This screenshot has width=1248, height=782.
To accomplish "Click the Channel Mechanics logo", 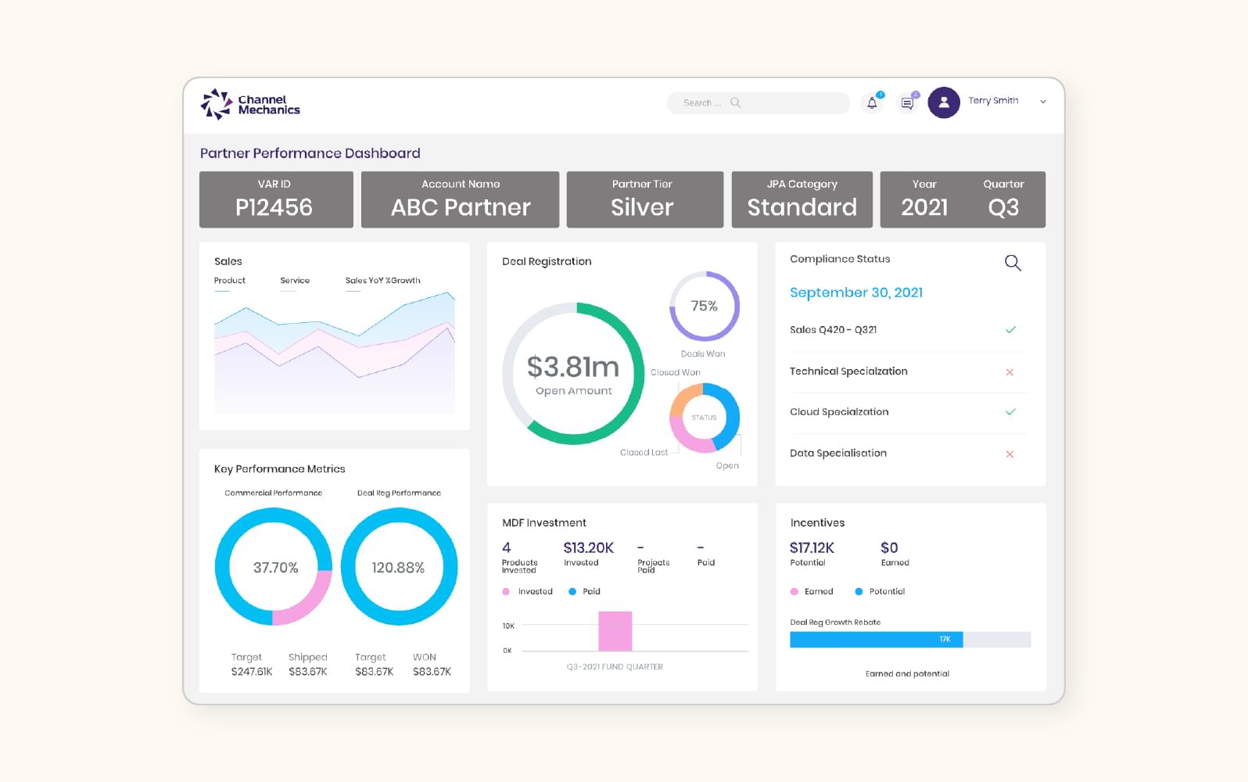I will (249, 104).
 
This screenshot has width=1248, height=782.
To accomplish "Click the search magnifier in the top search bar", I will (735, 102).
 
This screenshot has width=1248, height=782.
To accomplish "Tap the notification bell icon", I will (872, 102).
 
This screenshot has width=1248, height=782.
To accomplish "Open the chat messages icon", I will (907, 102).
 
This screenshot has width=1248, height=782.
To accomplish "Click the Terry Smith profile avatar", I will (944, 102).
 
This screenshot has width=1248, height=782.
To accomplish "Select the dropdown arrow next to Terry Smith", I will (1042, 102).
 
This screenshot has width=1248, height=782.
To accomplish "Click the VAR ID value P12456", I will (274, 207).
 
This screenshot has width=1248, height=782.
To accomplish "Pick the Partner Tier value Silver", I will (641, 207).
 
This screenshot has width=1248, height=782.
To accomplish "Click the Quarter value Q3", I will (1002, 207).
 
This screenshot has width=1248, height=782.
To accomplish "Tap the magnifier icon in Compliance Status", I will (1013, 263).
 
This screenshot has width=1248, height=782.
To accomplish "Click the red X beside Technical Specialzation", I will (1010, 372).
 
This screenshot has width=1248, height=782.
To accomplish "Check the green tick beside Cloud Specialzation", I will (1010, 411).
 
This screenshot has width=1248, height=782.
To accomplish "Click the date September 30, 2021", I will (855, 292).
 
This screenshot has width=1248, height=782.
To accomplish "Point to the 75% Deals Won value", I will (704, 306).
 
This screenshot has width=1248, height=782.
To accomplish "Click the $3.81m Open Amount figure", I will (572, 367).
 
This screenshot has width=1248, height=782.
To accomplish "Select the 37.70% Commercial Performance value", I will (275, 568).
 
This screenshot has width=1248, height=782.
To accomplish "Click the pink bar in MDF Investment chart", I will (615, 630).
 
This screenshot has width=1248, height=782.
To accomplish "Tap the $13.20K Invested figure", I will (588, 548).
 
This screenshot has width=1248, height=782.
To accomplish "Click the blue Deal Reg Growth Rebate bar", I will (876, 639).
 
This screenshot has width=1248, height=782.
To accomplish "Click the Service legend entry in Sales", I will (295, 281).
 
